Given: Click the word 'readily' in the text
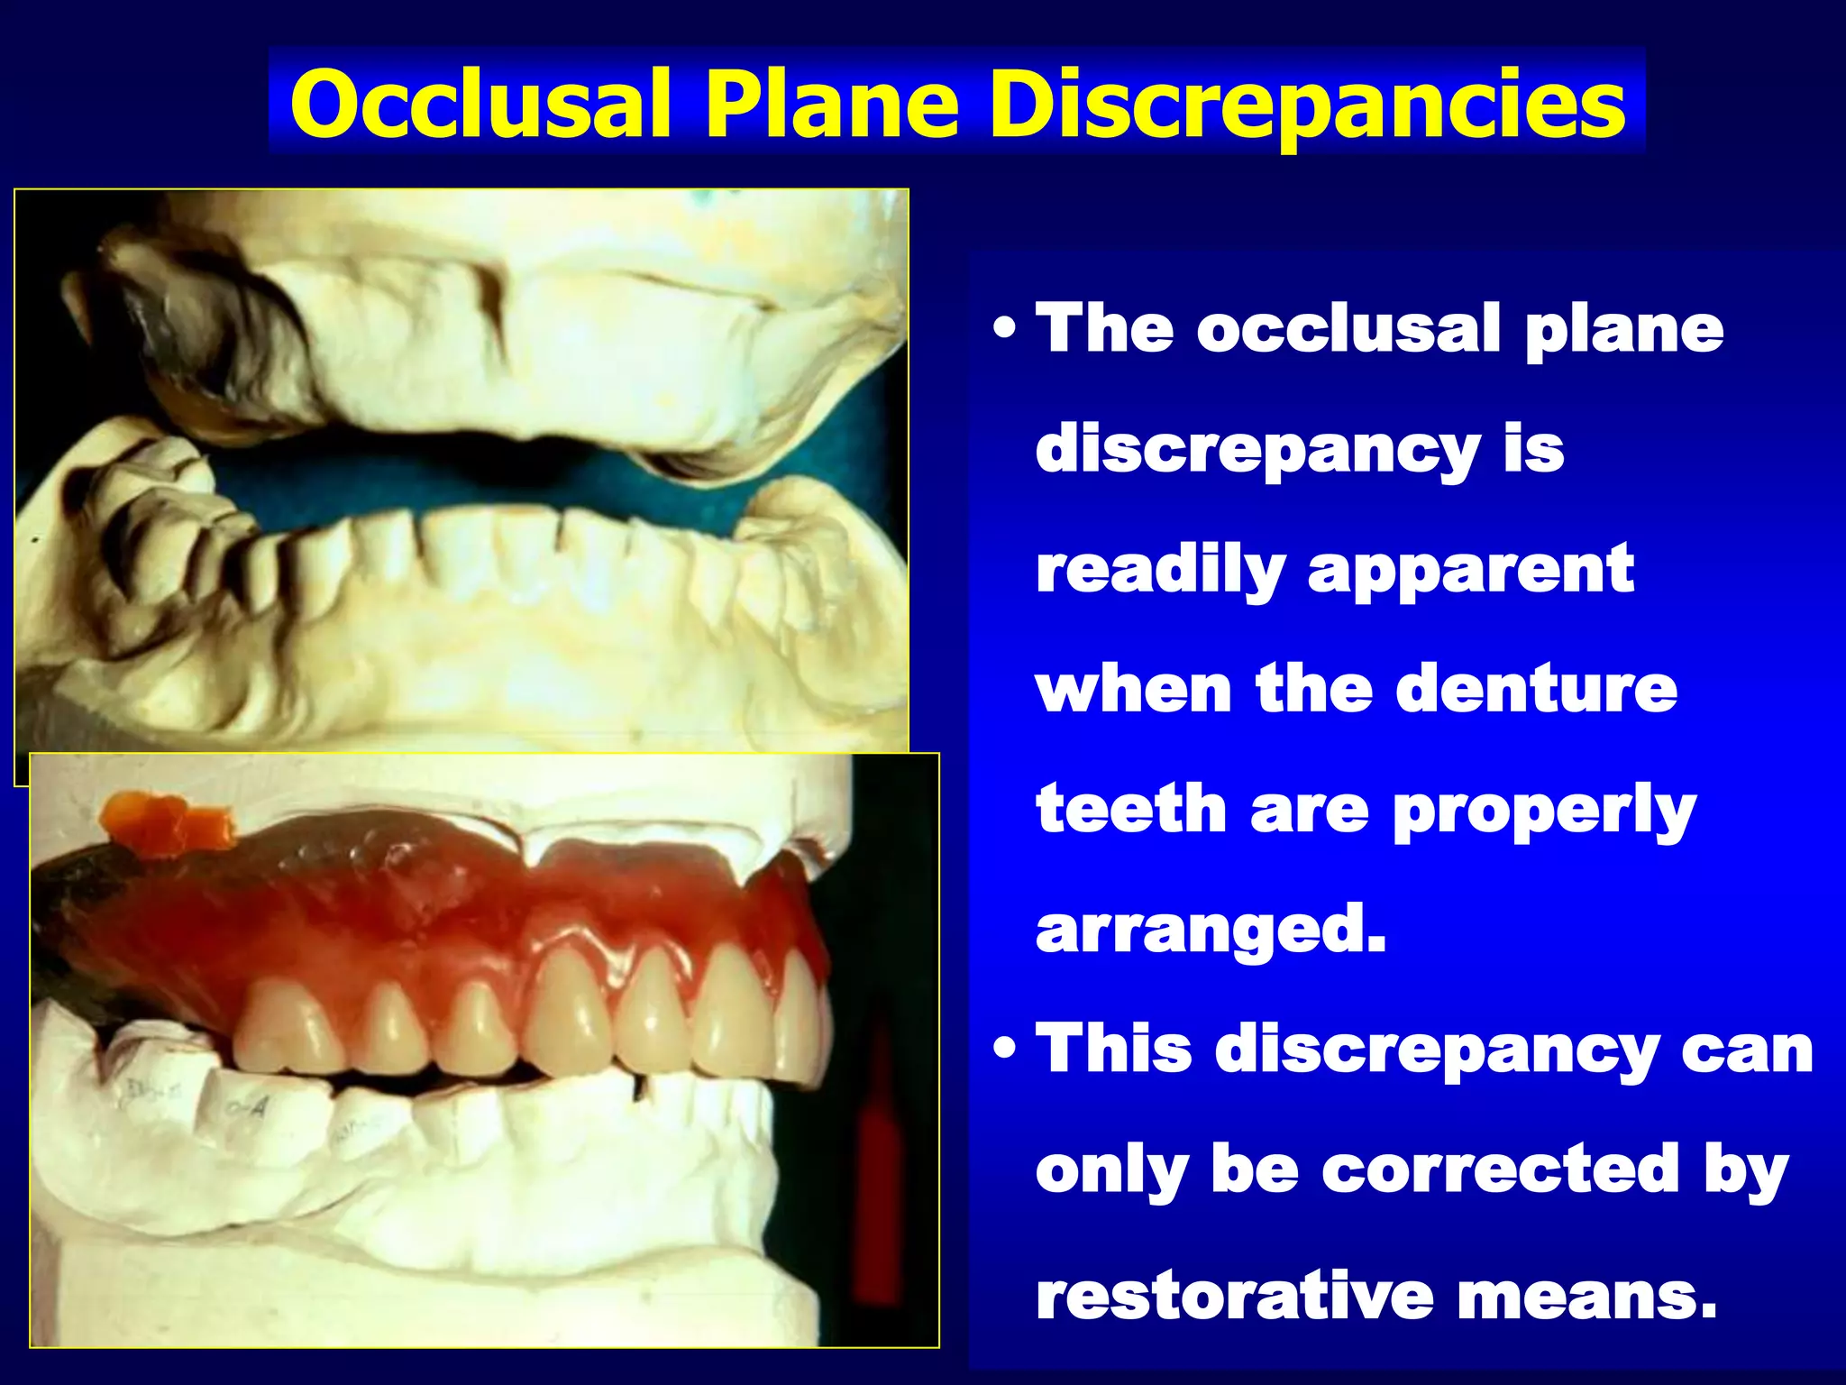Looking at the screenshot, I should pyautogui.click(x=1160, y=571).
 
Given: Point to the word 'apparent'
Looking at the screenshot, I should pyautogui.click(x=1471, y=571).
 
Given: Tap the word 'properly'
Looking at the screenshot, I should pyautogui.click(x=1544, y=811).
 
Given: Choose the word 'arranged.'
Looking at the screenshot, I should pyautogui.click(x=1211, y=931).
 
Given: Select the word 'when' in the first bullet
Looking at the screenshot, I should pyautogui.click(x=1134, y=690).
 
